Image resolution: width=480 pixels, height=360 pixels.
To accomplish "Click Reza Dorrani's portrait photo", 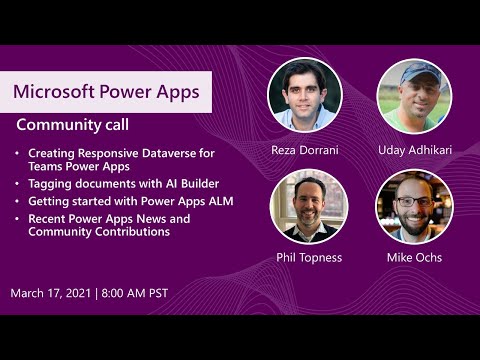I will [304, 95].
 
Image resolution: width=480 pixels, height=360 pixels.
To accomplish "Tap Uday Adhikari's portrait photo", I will [414, 95].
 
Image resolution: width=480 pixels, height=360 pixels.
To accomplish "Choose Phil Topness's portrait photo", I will [304, 207].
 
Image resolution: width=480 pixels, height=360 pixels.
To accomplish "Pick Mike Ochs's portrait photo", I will [414, 207].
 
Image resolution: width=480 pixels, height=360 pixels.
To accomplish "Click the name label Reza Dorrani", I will [305, 150].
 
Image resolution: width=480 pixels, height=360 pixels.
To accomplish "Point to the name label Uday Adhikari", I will [414, 150].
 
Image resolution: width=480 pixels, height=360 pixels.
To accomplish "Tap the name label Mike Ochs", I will [414, 257].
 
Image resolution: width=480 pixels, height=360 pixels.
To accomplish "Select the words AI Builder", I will [186, 184].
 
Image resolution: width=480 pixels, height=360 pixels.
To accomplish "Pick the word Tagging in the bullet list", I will [50, 184].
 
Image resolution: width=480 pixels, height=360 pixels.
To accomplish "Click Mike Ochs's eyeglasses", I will [413, 200].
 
